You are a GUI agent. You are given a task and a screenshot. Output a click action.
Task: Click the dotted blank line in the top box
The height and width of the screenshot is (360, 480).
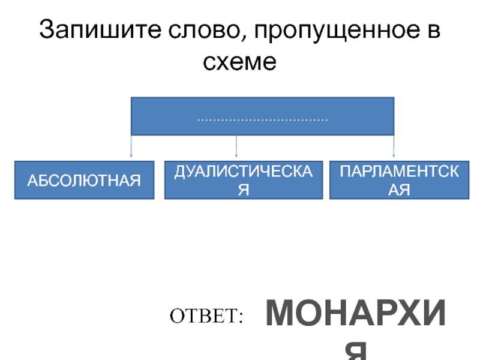pyautogui.click(x=262, y=120)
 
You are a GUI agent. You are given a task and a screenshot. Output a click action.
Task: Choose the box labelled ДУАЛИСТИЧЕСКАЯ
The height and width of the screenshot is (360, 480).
pyautogui.click(x=244, y=179)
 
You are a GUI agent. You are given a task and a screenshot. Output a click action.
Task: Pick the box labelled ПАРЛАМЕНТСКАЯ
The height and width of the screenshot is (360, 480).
pyautogui.click(x=400, y=179)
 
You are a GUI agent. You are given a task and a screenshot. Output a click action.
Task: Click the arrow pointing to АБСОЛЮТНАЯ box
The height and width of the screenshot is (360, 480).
pyautogui.click(x=131, y=148)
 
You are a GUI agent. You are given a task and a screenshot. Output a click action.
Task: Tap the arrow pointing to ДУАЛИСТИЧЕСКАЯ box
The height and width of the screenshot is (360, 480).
pyautogui.click(x=236, y=148)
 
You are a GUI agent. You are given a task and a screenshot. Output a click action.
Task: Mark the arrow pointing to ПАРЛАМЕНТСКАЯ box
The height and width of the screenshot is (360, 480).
pyautogui.click(x=393, y=148)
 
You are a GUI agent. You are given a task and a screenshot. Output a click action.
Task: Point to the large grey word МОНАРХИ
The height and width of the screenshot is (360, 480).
pyautogui.click(x=356, y=314)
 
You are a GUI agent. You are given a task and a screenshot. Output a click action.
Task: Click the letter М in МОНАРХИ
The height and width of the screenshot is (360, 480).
pyautogui.click(x=281, y=314)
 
